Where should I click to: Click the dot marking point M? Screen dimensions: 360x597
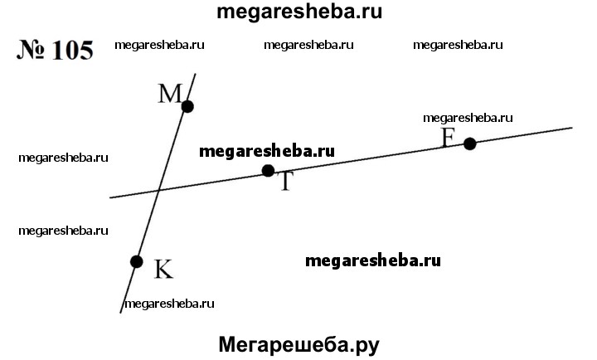point(187,106)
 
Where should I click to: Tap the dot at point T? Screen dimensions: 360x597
point(268,171)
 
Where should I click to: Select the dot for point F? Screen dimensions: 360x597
point(470,144)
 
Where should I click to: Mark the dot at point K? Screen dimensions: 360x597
point(137,261)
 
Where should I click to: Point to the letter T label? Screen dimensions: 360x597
point(285,182)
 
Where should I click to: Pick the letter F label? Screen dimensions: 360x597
point(449,136)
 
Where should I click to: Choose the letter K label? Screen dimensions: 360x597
point(163,269)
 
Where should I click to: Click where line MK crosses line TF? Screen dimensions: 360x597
point(160,191)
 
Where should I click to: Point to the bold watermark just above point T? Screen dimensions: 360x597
point(267,152)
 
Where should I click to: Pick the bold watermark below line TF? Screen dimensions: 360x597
point(373,260)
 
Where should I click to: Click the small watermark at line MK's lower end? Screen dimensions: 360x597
point(169,304)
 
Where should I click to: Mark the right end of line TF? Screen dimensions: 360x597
point(572,128)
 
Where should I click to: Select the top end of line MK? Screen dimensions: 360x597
point(196,74)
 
